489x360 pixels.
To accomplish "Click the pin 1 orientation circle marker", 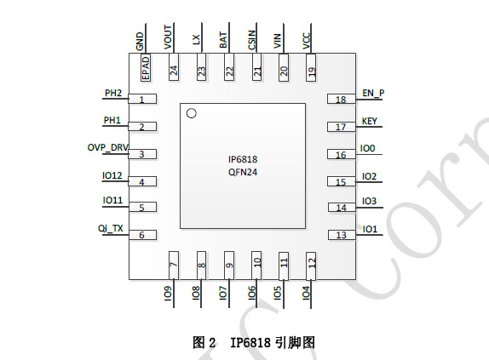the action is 192,113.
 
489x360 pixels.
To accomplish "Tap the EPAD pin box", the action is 146,67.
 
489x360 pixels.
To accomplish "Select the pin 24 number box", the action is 174,67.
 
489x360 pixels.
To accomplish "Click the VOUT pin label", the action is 168,37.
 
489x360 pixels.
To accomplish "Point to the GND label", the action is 140,41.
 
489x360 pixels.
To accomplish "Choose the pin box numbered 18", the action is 341,99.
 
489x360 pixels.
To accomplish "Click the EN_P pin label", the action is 373,94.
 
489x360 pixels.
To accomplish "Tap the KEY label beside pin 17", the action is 370,121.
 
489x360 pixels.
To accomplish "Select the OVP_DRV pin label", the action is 108,147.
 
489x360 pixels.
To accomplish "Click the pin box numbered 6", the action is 142,235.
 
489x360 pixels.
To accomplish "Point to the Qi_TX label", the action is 111,229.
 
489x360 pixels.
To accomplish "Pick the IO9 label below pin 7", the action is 168,294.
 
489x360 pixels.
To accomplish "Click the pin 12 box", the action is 311,266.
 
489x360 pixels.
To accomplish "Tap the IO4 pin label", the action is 306,294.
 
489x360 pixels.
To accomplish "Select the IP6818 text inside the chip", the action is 243,159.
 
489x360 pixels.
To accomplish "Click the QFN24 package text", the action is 243,172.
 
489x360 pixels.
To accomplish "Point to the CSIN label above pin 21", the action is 252,40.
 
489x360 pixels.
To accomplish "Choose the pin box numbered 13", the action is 342,235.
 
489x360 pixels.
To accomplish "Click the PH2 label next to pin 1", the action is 113,93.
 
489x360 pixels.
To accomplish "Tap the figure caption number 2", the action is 212,343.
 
